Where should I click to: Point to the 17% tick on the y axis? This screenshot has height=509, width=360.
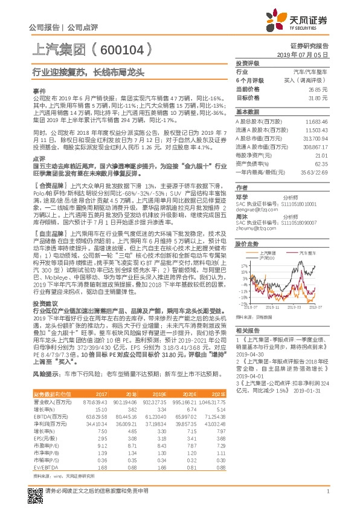[240, 265]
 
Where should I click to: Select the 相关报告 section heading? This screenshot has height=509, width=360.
[247, 330]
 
